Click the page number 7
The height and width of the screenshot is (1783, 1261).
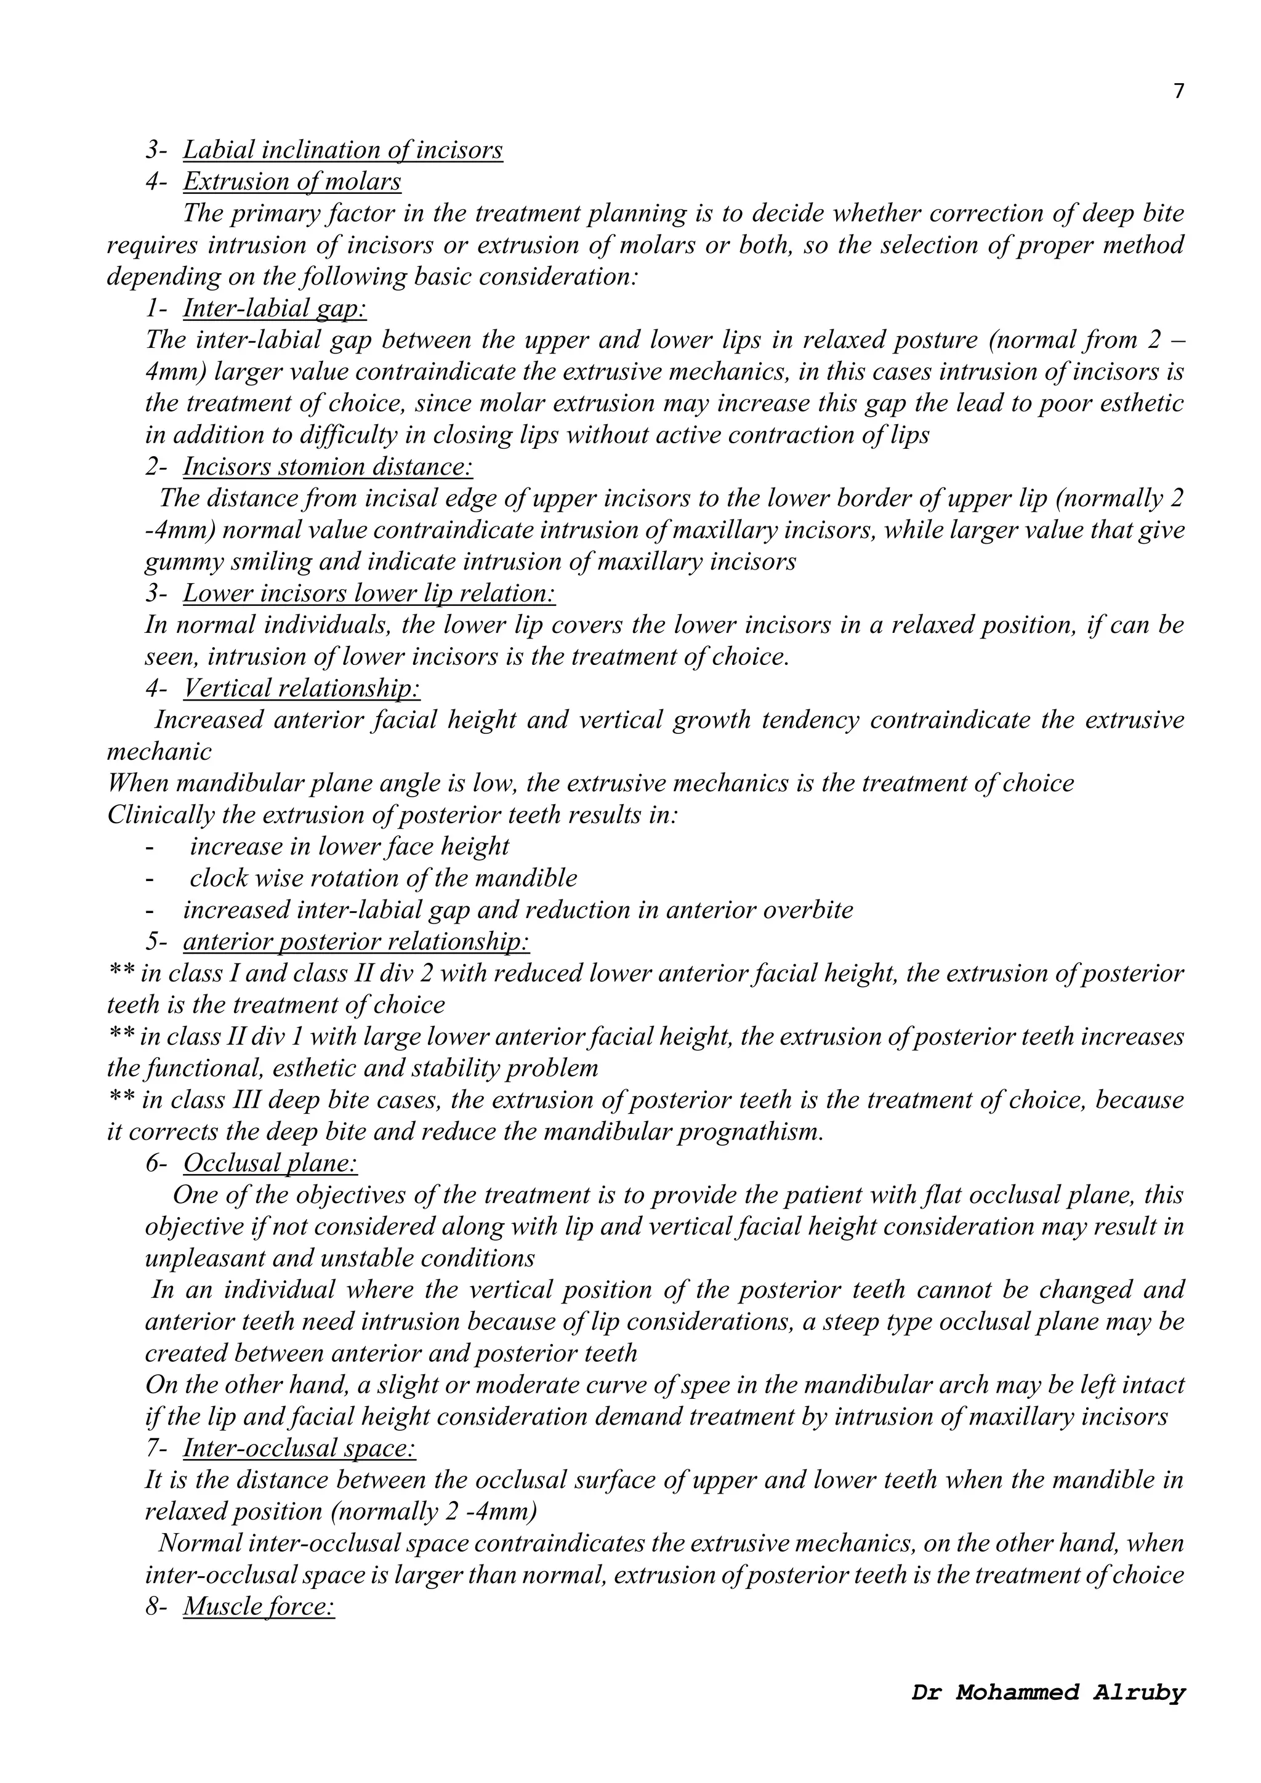1178,92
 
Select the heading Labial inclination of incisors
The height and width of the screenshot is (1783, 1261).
342,149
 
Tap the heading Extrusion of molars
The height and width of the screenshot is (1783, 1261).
292,181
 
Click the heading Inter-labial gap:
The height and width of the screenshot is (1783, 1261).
275,308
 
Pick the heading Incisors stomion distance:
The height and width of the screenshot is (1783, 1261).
328,467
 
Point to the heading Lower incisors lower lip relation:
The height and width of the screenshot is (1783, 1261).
369,594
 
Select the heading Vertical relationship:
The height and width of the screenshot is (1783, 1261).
302,688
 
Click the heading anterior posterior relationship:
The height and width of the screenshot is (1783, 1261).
357,942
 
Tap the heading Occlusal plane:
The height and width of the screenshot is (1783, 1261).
270,1163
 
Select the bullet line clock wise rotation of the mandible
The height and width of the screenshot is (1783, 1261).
383,879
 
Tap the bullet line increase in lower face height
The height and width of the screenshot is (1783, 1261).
349,847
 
